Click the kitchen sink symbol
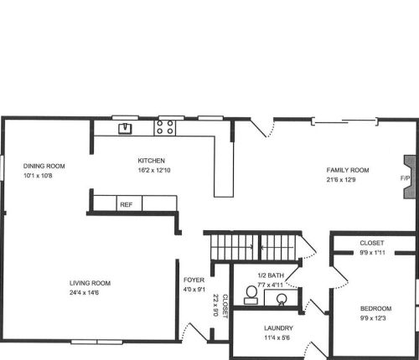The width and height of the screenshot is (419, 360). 125,128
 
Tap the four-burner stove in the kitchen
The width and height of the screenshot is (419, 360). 165,127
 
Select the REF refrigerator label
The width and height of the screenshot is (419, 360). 127,204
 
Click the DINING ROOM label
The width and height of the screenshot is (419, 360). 44,166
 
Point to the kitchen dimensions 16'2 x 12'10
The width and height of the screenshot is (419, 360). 154,170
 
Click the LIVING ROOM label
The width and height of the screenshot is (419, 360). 90,283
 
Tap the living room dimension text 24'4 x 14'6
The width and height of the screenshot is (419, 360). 84,292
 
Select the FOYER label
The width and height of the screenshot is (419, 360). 194,280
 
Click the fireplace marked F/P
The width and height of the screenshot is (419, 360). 410,177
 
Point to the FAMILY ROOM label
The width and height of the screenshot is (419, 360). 348,170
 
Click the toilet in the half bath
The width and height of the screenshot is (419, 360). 251,295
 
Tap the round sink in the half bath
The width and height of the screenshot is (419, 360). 281,299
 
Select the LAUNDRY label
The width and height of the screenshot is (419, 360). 278,328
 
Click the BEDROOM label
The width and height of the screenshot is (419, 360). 375,308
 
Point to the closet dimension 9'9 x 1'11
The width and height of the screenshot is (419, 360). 373,253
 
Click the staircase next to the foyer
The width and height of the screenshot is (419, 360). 253,247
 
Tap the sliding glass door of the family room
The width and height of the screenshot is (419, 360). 345,121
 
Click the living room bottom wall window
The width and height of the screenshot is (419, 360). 96,342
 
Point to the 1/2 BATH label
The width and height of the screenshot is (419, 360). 271,275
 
